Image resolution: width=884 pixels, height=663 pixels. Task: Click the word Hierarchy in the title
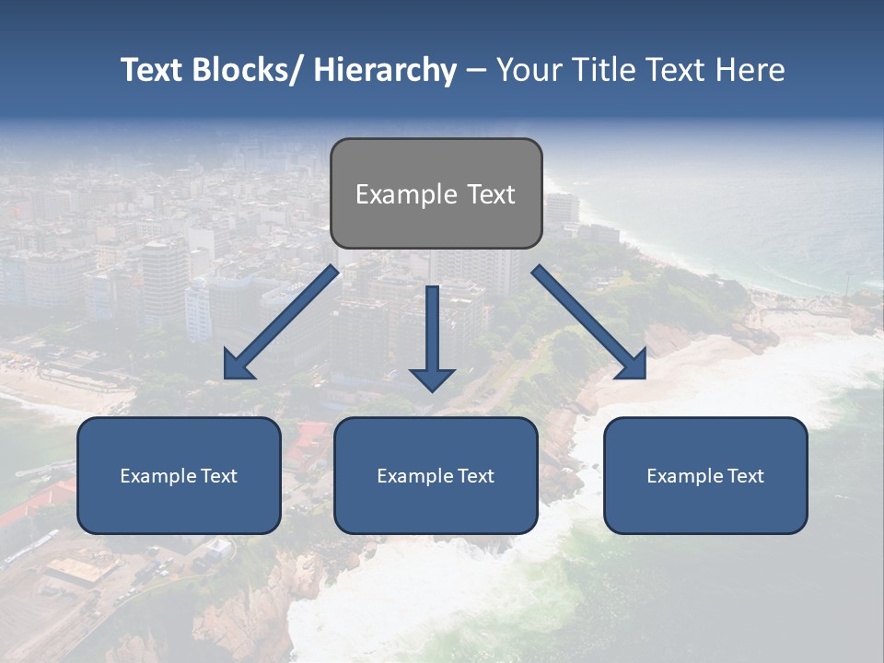(385, 70)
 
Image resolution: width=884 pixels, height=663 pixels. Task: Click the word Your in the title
(529, 70)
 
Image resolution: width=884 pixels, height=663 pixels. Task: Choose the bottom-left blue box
(179, 506)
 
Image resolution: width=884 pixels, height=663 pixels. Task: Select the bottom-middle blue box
(436, 506)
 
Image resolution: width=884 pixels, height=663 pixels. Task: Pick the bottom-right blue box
(705, 506)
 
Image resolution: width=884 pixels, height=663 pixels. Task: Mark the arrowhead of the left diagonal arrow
(238, 366)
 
